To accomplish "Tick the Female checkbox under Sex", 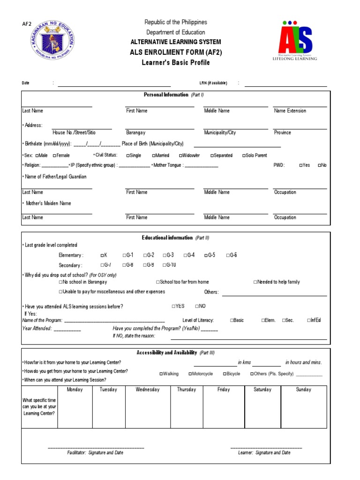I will pyautogui.click(x=55, y=156).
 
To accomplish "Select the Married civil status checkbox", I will pyautogui.click(x=153, y=156).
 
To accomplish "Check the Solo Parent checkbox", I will pyautogui.click(x=244, y=156).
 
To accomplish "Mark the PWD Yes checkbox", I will pyautogui.click(x=301, y=165).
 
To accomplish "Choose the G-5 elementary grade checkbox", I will pyautogui.click(x=206, y=255).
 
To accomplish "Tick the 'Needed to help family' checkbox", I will pyautogui.click(x=255, y=282).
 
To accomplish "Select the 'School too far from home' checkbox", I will pyautogui.click(x=157, y=282).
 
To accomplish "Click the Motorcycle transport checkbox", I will pyautogui.click(x=190, y=374).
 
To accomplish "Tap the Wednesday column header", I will pyautogui.click(x=147, y=390).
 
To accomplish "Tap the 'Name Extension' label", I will pyautogui.click(x=290, y=111).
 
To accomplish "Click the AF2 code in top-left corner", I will pyautogui.click(x=27, y=24).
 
